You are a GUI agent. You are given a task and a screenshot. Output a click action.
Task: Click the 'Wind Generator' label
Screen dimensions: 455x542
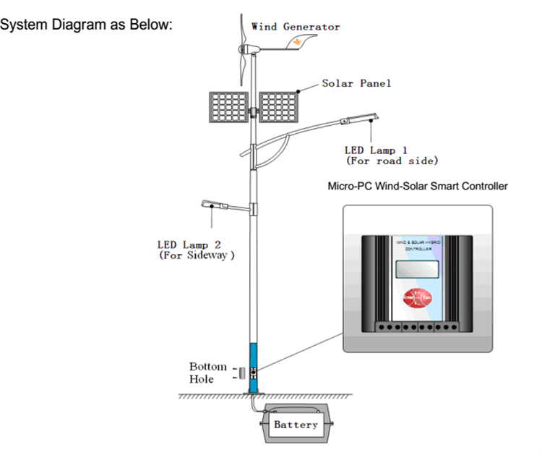(x=295, y=27)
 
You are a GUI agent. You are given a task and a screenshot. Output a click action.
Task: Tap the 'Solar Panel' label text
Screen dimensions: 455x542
(x=356, y=83)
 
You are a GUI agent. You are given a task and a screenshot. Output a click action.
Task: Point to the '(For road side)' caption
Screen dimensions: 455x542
(x=392, y=161)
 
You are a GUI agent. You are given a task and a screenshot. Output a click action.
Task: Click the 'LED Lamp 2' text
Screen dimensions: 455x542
(x=194, y=244)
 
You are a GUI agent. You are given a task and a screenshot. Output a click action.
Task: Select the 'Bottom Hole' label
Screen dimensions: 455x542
(x=207, y=373)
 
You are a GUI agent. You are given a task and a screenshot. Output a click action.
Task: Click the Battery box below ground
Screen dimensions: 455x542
(x=296, y=425)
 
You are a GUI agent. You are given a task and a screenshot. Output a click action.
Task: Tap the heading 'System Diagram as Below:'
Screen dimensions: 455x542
(x=87, y=25)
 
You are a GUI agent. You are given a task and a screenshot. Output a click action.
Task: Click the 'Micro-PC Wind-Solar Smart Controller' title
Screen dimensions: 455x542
(x=418, y=186)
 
